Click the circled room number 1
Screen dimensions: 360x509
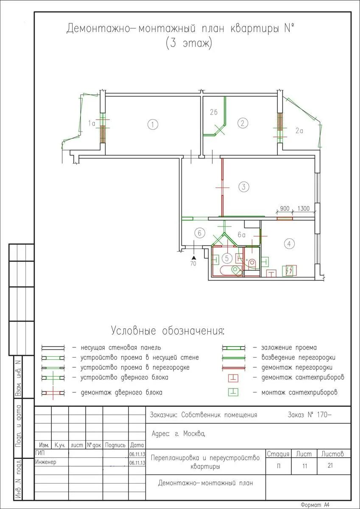click(x=153, y=125)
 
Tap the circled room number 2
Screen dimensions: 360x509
click(x=243, y=123)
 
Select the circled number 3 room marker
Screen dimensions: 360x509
click(x=244, y=187)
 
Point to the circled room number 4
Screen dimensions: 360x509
click(x=289, y=244)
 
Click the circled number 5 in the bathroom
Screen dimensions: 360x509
click(x=227, y=258)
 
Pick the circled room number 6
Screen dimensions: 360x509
click(x=200, y=233)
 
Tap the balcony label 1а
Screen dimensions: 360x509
click(x=92, y=123)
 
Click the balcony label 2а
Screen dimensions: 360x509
click(x=299, y=131)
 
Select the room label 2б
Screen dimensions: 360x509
click(x=214, y=112)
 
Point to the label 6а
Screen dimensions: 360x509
click(x=241, y=235)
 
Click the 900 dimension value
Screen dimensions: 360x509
click(x=285, y=208)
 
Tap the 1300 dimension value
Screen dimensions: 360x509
click(x=303, y=208)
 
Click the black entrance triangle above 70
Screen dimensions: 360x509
click(x=193, y=257)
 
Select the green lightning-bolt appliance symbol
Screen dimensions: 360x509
click(x=289, y=271)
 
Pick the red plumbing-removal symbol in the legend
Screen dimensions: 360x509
click(x=233, y=378)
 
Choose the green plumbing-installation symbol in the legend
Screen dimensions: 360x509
click(x=233, y=392)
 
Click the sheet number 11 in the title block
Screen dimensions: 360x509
click(x=305, y=466)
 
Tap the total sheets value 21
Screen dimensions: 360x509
click(x=330, y=465)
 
